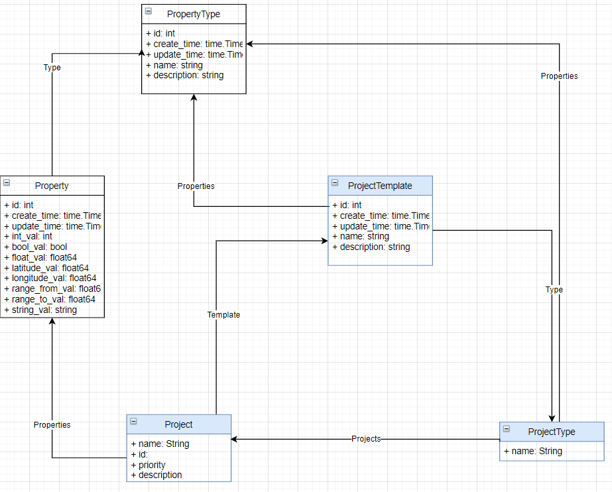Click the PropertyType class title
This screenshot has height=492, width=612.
click(x=194, y=14)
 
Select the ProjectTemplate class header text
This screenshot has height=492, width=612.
click(x=379, y=186)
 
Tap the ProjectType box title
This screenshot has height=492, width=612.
click(x=551, y=432)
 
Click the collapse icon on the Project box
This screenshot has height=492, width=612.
click(x=133, y=421)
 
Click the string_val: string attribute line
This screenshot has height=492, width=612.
click(x=40, y=310)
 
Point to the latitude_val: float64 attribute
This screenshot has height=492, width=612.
click(x=46, y=267)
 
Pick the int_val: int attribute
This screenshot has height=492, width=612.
click(x=28, y=235)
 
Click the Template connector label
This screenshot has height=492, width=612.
click(x=223, y=315)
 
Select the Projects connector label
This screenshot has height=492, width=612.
click(x=366, y=438)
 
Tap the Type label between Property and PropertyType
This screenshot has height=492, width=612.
click(x=52, y=68)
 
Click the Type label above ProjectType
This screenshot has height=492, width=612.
click(x=554, y=290)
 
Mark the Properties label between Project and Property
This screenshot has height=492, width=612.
click(x=52, y=424)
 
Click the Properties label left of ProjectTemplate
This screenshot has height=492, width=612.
click(x=196, y=186)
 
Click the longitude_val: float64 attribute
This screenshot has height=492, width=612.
click(x=50, y=278)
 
